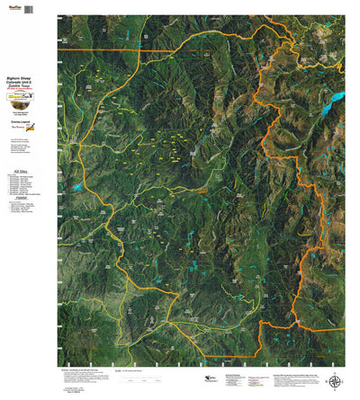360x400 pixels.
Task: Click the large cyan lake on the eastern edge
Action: (x=336, y=96)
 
